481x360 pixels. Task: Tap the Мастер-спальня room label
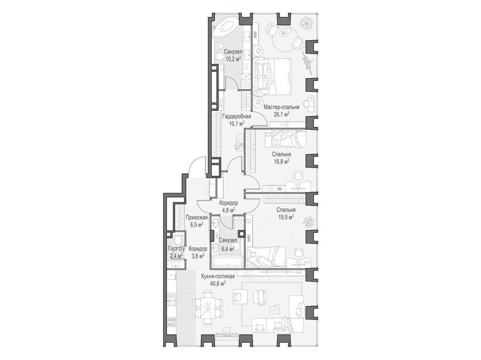281,107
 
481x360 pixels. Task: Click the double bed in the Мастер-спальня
272,76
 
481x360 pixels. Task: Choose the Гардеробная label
237,116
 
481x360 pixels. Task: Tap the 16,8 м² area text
282,161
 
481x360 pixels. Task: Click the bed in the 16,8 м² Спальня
288,138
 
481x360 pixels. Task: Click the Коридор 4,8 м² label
228,207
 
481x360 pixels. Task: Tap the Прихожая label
197,218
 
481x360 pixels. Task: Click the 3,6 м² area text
198,256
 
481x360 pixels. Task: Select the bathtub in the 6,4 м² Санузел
227,264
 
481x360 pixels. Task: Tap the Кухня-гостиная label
218,276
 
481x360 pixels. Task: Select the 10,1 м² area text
237,123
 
